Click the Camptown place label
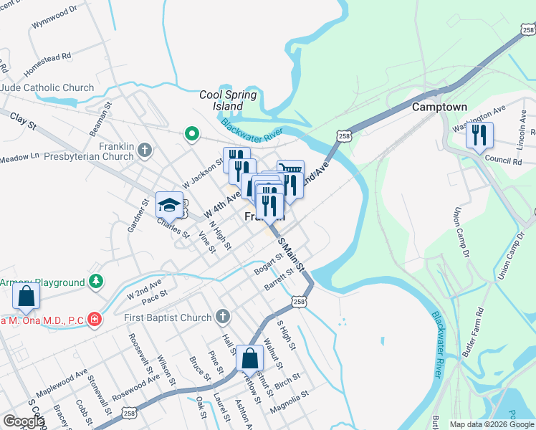(x=439, y=107)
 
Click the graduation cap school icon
(x=169, y=205)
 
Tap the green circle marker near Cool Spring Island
(x=191, y=133)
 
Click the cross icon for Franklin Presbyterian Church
(x=145, y=150)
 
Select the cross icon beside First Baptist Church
(x=222, y=317)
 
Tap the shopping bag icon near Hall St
(x=249, y=358)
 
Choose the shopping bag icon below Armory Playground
(x=26, y=296)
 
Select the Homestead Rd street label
(x=47, y=64)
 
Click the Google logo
(x=24, y=421)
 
